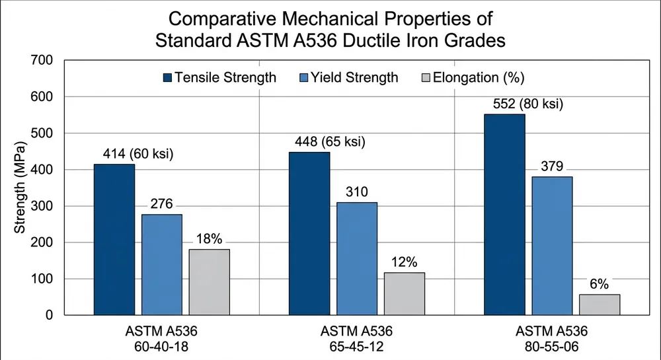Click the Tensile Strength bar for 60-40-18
(x=114, y=240)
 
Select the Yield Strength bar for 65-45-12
(x=356, y=259)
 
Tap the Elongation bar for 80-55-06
(x=600, y=305)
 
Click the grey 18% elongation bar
(x=209, y=282)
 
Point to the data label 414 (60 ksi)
(x=138, y=154)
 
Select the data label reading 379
(x=551, y=166)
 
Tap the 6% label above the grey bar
(x=599, y=284)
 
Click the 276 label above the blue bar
(x=161, y=204)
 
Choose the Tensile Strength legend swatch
(x=167, y=78)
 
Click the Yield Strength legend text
(x=358, y=78)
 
